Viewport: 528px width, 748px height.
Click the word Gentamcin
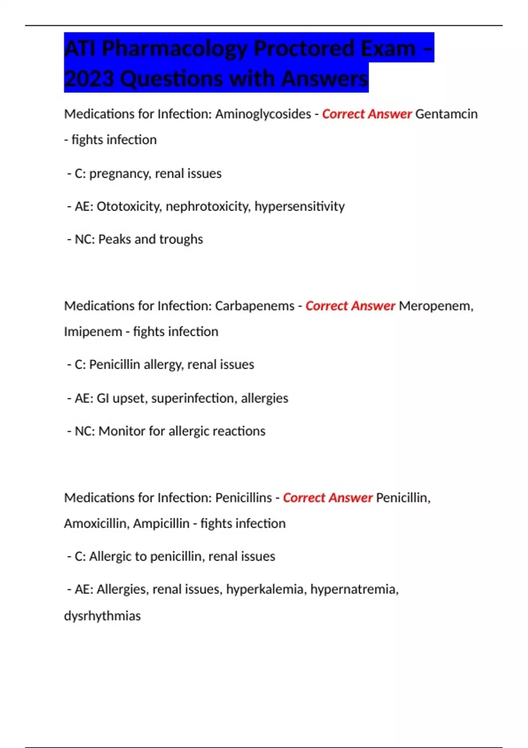446,114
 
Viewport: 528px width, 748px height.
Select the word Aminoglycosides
263,114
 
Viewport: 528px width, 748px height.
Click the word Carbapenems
254,306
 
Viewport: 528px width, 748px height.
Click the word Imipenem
93,331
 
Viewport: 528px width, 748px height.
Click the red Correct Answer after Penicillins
327,498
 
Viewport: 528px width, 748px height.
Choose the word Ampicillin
161,524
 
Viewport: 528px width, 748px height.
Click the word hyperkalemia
265,589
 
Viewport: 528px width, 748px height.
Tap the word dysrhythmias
102,616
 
